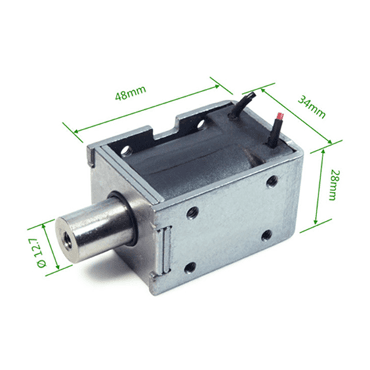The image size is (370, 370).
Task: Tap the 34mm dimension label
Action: [x=312, y=106]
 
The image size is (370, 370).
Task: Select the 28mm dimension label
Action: [x=335, y=185]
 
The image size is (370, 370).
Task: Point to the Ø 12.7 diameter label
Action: [x=41, y=253]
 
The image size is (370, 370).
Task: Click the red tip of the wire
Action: [x=281, y=116]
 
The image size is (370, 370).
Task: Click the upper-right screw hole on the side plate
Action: [x=272, y=182]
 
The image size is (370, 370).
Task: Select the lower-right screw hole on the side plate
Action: [x=266, y=235]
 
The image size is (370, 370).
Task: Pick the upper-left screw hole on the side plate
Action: [x=192, y=212]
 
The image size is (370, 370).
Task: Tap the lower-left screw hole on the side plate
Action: [x=190, y=268]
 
